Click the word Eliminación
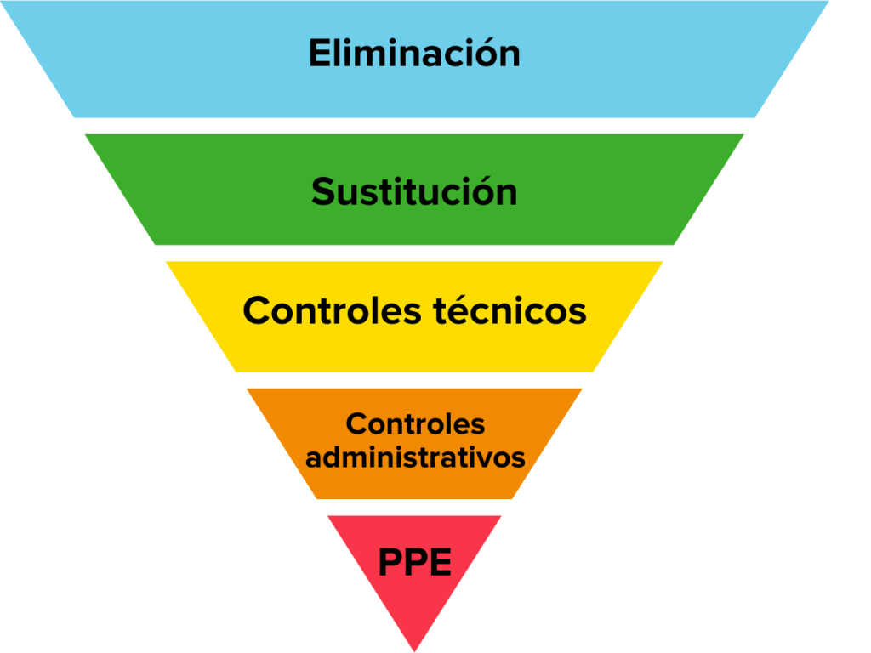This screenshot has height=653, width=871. point(414,54)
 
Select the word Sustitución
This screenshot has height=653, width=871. point(414,191)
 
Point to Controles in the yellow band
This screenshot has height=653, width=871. point(331,311)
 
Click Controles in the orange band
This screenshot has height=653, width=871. point(415,423)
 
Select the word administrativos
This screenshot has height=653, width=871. point(415,457)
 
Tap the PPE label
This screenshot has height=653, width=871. point(414,562)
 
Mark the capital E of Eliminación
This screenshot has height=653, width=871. point(318,54)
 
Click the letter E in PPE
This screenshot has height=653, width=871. point(438,562)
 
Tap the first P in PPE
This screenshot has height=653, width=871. point(390,562)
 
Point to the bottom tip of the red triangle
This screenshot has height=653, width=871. point(414,650)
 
